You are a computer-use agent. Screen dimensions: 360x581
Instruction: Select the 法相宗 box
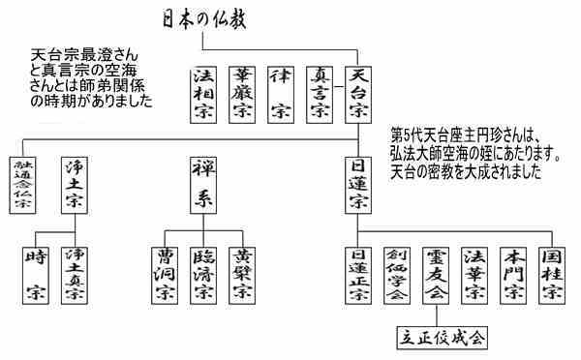[205, 94]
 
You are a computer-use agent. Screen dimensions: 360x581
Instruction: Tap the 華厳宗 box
[242, 94]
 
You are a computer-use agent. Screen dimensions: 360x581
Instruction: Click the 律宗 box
[281, 94]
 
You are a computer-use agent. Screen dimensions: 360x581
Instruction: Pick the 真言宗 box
[320, 94]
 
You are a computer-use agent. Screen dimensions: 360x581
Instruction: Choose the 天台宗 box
[357, 94]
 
